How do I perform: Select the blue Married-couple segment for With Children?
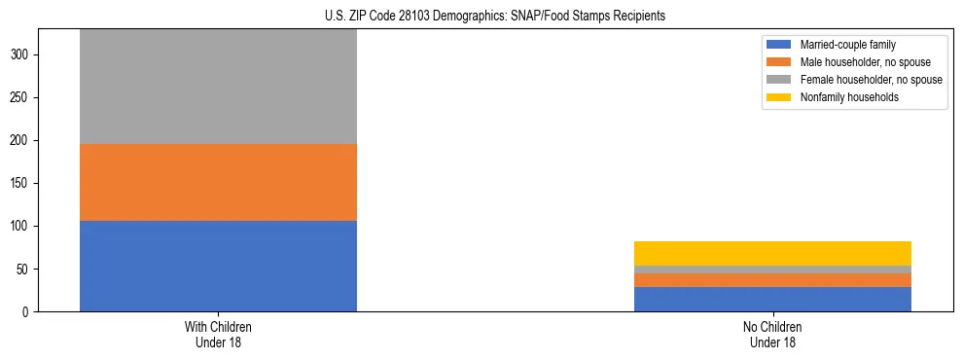point(218,266)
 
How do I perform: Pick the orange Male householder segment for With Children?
point(218,182)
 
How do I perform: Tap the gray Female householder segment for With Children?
point(218,88)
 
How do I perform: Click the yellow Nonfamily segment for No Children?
point(772,253)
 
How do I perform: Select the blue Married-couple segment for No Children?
point(772,299)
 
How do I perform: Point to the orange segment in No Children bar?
point(772,280)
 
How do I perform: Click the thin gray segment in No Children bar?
point(772,270)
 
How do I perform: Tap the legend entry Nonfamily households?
point(842,97)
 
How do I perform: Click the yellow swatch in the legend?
point(779,97)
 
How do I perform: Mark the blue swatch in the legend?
point(779,45)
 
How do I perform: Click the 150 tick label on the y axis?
point(24,183)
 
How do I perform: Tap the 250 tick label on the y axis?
point(24,97)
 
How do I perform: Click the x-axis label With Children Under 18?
point(218,334)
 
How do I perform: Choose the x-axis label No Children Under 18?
point(772,334)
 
